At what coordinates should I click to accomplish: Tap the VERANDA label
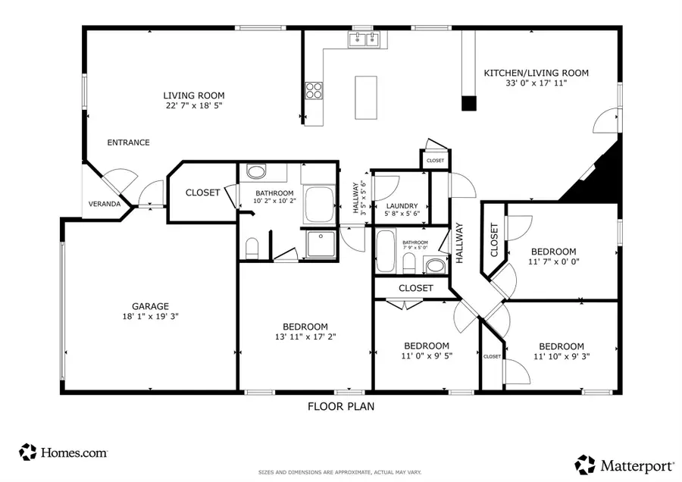[x=105, y=204]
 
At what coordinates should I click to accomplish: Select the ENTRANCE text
[x=128, y=142]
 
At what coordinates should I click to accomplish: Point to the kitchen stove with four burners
[x=314, y=90]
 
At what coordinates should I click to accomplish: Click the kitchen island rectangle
[x=367, y=97]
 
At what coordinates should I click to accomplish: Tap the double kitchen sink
[x=364, y=40]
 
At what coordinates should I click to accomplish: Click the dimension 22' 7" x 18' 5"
[x=194, y=106]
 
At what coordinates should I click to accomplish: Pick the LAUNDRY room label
[x=402, y=206]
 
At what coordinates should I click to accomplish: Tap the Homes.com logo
[x=64, y=452]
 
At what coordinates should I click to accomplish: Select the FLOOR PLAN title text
[x=340, y=406]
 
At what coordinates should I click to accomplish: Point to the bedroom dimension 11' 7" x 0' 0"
[x=553, y=262]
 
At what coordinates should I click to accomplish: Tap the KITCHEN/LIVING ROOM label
[x=537, y=74]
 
